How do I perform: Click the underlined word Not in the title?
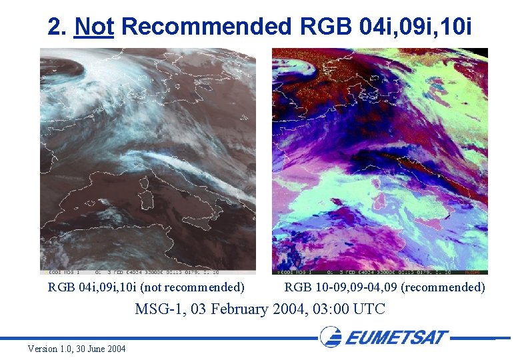pos(94,27)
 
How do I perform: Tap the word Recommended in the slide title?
pos(208,27)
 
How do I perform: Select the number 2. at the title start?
pos(57,27)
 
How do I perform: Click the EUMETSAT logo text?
pos(397,337)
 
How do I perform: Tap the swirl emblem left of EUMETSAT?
pos(331,336)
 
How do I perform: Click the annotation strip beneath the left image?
pos(147,272)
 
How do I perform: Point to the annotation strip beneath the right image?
pos(379,272)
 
